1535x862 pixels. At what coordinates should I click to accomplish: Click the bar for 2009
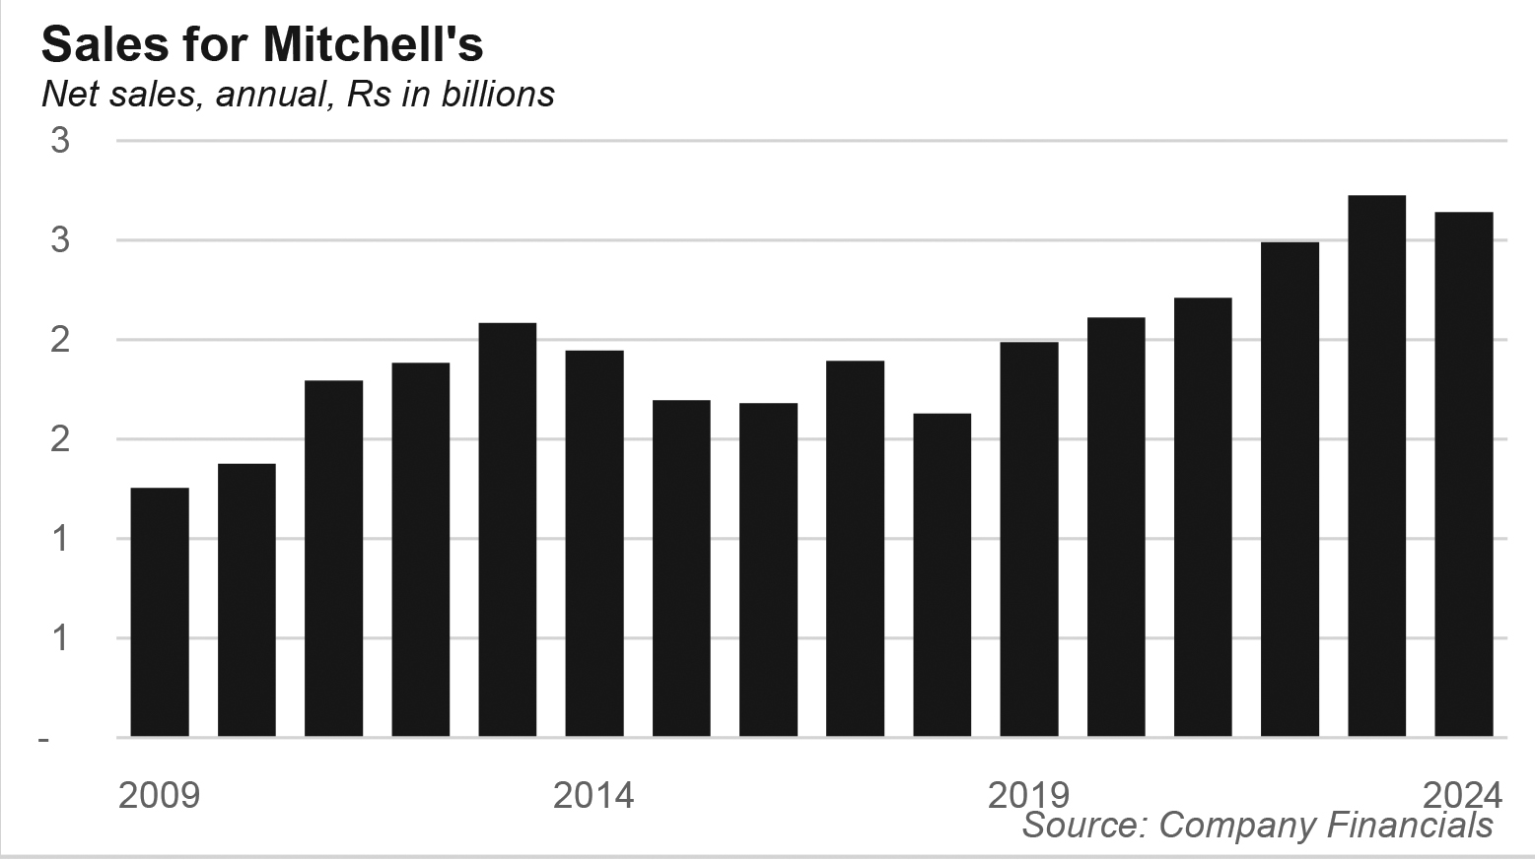[x=160, y=612]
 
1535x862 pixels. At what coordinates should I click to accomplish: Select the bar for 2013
[x=508, y=529]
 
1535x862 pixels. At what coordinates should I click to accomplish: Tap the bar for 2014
[x=594, y=543]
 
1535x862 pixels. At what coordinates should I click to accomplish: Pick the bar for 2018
[x=942, y=574]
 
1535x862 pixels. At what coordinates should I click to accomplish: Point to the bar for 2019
[x=1029, y=539]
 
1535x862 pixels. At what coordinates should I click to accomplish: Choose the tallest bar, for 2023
[x=1377, y=466]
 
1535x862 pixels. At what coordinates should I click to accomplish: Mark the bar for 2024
[x=1464, y=474]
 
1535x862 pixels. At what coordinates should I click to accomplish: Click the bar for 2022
[x=1291, y=489]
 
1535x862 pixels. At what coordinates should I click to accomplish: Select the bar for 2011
[x=334, y=559]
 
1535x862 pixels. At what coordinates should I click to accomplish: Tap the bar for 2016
[x=769, y=569]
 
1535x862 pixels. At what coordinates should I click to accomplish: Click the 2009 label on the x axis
[x=159, y=794]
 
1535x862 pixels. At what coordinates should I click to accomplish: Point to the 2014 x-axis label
[x=593, y=794]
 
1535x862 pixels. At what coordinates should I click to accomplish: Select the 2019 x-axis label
[x=1028, y=794]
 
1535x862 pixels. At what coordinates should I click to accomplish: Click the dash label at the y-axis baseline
[x=43, y=738]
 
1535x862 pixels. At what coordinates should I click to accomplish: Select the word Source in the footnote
[x=1083, y=825]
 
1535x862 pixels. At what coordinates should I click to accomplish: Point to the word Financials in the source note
[x=1411, y=825]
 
